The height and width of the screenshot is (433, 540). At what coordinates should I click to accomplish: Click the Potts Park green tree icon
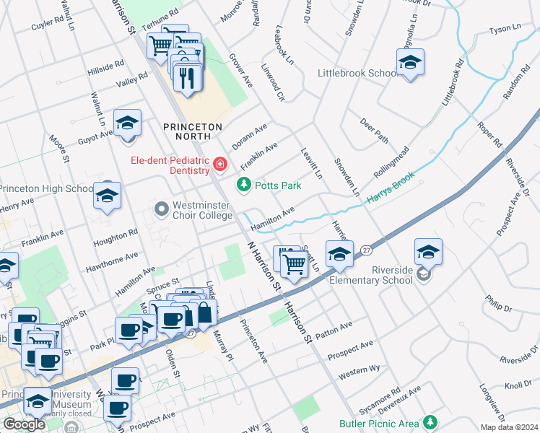[245, 186]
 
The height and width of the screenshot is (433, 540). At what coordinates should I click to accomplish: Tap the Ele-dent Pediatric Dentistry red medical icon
[219, 166]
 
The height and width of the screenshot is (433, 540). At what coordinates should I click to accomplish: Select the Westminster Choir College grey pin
[162, 210]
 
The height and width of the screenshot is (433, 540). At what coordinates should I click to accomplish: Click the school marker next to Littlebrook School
[409, 62]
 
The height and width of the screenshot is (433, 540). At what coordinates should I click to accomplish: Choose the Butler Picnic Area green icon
[431, 421]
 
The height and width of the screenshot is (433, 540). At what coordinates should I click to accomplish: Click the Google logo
[24, 424]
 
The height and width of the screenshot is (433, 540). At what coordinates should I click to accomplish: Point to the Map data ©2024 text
[509, 427]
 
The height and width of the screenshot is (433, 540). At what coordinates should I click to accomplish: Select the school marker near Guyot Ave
[127, 123]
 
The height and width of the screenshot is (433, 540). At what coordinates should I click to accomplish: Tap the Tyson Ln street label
[505, 30]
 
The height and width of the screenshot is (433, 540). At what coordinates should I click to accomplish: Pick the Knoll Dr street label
[518, 385]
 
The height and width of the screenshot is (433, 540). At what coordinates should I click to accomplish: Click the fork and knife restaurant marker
[188, 77]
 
